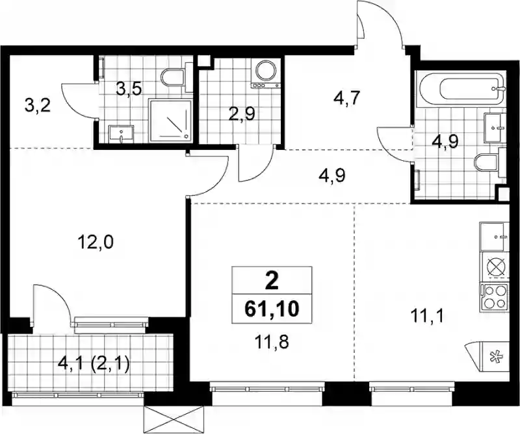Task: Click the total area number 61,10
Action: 272,309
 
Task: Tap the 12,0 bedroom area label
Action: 96,243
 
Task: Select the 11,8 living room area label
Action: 272,343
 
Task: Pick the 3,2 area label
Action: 38,106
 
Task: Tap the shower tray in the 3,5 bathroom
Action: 171,120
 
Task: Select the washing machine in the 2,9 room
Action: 265,74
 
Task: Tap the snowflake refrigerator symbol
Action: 494,357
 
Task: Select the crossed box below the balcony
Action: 174,418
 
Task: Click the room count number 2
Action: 272,282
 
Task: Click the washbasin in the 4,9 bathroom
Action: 496,127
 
